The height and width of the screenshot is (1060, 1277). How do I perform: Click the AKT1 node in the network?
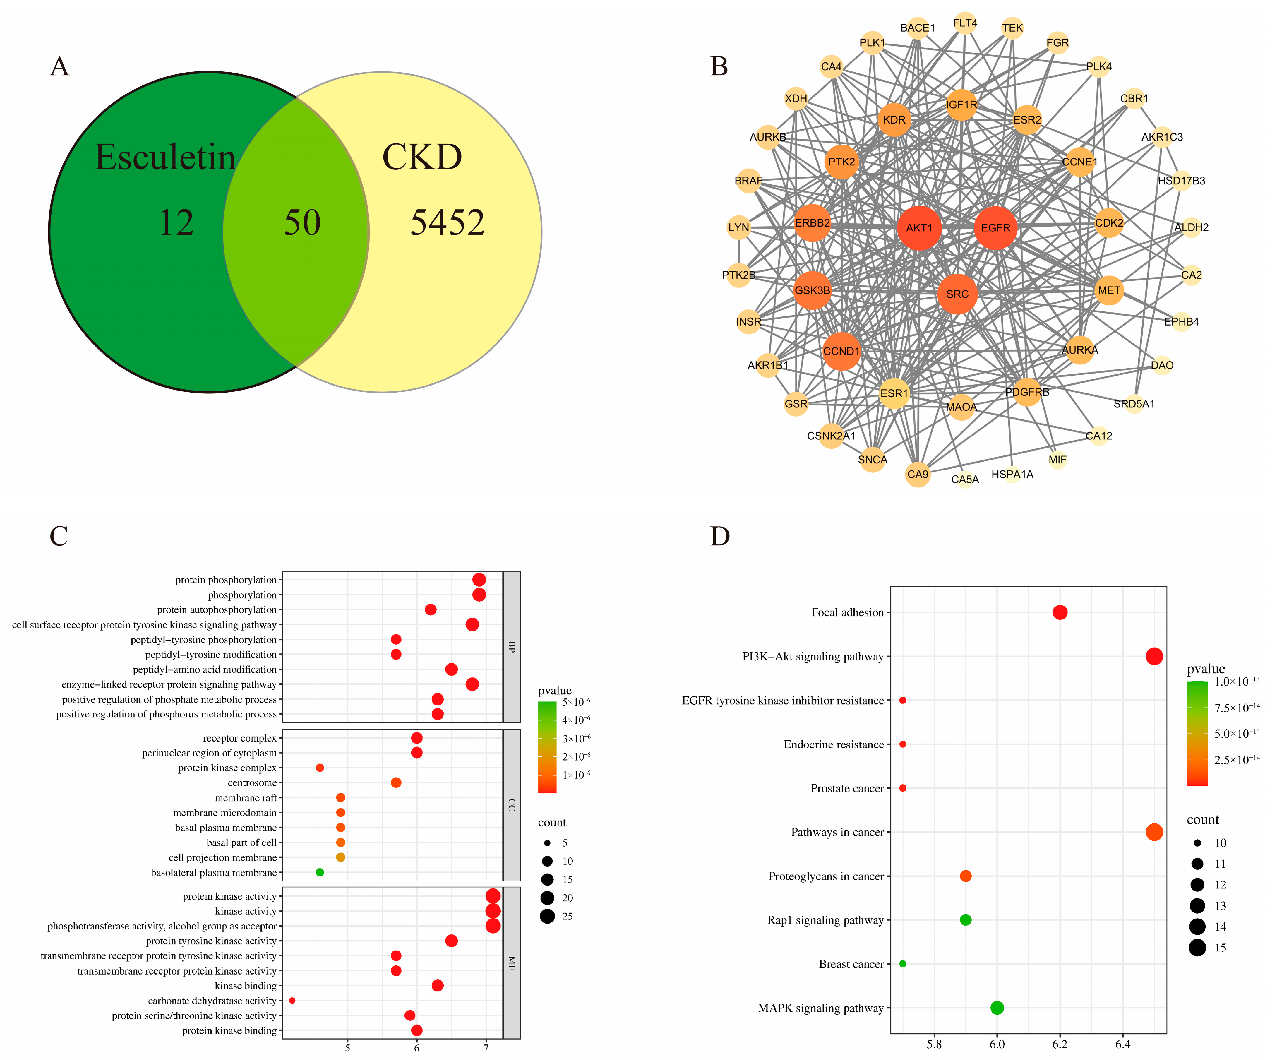(919, 228)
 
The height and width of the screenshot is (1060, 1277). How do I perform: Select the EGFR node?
(995, 228)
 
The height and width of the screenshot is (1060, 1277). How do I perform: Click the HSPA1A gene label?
(1012, 474)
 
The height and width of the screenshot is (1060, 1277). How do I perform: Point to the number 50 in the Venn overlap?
(302, 222)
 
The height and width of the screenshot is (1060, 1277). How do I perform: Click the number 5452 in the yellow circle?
(448, 222)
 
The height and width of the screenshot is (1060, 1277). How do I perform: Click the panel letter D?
(720, 536)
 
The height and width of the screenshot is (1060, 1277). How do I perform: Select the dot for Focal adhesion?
(1060, 612)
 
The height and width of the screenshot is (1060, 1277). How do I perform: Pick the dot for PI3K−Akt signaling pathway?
(1154, 656)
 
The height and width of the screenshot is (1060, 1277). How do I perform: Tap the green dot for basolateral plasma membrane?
(320, 872)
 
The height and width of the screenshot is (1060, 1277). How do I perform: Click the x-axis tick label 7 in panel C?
(486, 1047)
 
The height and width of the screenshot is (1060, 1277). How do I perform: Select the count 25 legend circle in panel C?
(547, 916)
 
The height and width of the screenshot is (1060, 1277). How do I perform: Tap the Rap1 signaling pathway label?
(825, 920)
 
